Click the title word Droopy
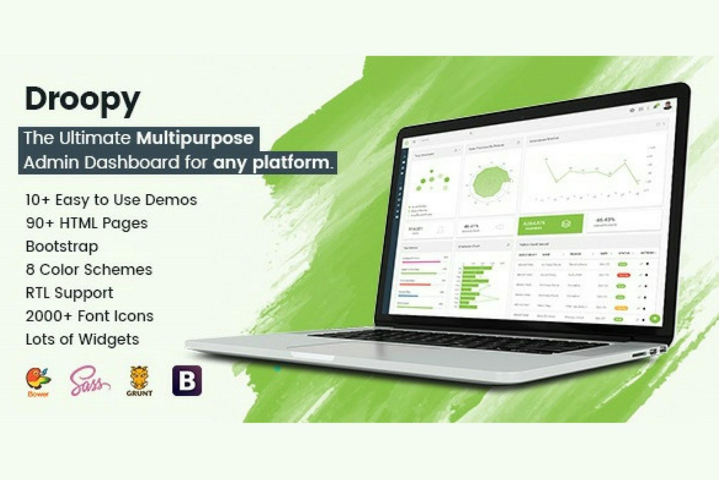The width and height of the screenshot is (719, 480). (x=82, y=101)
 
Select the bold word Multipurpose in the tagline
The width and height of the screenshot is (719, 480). (x=194, y=138)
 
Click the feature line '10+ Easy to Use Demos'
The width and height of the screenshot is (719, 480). (x=111, y=200)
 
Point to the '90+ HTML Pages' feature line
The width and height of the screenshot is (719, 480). (x=87, y=223)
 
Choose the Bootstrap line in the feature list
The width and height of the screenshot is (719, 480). (x=62, y=247)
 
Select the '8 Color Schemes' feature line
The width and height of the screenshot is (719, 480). (x=89, y=269)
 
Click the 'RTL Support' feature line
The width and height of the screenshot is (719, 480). (x=70, y=293)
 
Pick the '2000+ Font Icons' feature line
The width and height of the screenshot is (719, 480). (x=89, y=316)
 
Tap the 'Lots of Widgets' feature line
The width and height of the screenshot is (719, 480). (x=82, y=339)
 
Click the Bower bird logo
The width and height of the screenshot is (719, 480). (x=38, y=380)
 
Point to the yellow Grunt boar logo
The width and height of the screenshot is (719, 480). (x=139, y=381)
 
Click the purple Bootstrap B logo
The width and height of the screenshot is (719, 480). (x=187, y=381)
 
